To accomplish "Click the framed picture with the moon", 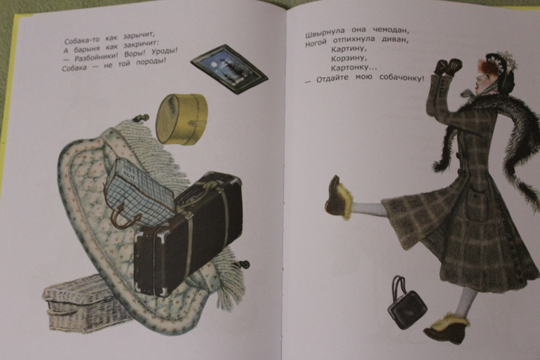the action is [x=229, y=69].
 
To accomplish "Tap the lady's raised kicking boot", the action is [x=339, y=199].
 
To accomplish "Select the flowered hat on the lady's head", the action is [x=501, y=68].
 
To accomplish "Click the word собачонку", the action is [x=402, y=78].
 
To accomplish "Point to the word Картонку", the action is [x=354, y=68].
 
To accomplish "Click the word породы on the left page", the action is [x=151, y=62].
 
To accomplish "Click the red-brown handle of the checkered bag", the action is [x=123, y=216].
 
